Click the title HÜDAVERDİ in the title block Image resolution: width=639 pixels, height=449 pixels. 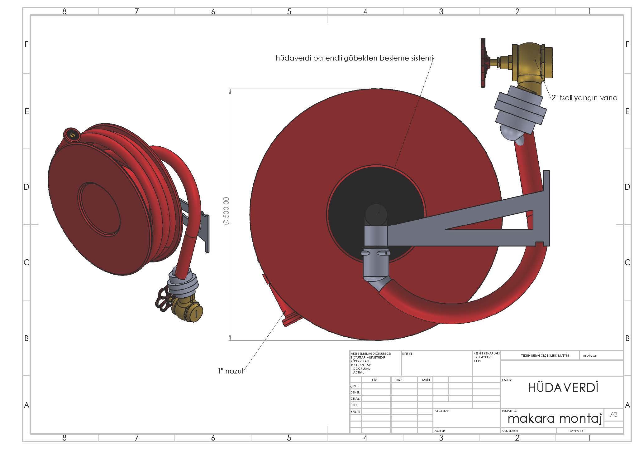pos(563,388)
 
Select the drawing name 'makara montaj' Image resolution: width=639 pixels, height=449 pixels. pos(555,418)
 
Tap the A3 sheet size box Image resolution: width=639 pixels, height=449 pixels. pos(613,414)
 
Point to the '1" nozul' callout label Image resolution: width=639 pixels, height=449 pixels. pos(231,371)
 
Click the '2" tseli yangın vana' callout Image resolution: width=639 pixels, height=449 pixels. pos(584,98)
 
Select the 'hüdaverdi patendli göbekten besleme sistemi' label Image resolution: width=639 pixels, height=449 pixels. pos(355,58)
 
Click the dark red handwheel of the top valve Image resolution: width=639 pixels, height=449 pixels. pos(484,62)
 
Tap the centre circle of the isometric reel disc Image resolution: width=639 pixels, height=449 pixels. pos(99,209)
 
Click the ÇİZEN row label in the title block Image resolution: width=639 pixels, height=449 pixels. pos(355,386)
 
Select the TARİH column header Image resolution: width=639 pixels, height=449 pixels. pos(426,380)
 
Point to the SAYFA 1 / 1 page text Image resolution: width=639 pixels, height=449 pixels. pos(577,431)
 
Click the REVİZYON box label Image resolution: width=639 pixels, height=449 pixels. pos(590,356)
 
